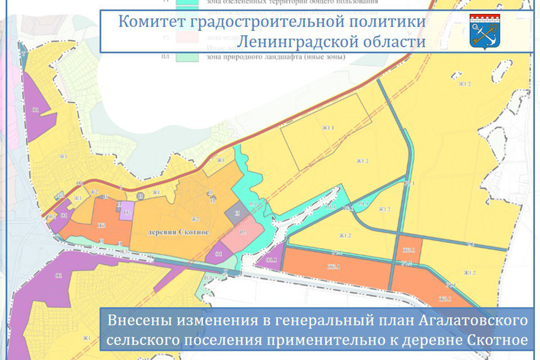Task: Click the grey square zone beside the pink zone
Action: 236,214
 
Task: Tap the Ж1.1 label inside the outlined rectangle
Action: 327,127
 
